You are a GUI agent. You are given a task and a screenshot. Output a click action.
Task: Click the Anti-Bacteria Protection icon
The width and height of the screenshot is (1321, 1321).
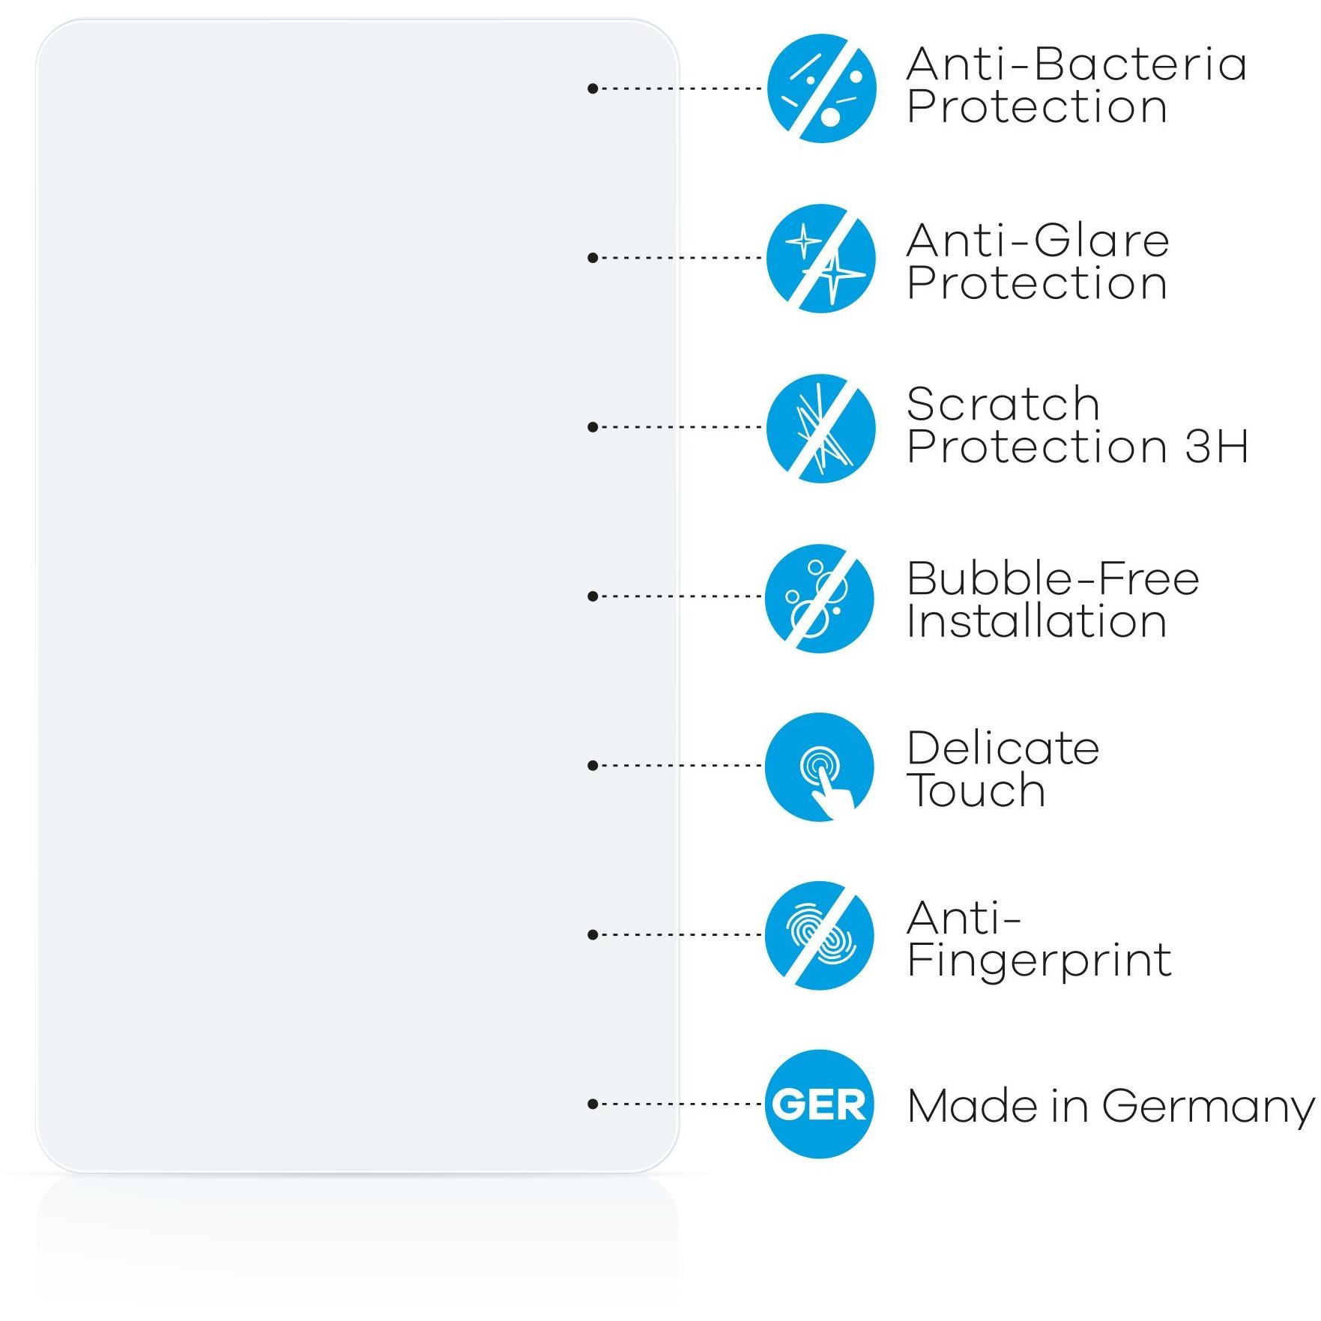821,88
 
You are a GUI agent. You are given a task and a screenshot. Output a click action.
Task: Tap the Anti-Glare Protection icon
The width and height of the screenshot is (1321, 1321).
821,258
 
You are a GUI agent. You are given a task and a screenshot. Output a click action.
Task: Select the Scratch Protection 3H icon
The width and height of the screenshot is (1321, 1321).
821,428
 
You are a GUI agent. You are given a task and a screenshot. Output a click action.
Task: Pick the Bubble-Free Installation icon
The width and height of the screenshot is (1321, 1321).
820,597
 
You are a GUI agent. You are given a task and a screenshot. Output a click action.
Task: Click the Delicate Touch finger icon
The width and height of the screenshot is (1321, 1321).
820,767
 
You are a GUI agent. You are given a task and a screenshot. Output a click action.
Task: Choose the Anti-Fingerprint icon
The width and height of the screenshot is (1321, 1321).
820,935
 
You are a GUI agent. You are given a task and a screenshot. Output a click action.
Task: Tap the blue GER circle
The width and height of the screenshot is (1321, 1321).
820,1104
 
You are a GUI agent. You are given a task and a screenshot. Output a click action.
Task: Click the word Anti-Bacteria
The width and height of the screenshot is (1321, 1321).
1076,64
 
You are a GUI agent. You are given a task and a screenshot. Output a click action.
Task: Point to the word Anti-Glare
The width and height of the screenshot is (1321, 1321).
1037,241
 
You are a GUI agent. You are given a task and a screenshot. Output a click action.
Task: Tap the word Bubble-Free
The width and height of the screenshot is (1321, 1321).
1052,579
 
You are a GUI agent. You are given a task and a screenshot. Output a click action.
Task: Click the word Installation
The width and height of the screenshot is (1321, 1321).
1036,621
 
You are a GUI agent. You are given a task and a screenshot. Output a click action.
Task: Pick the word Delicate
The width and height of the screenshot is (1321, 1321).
1003,749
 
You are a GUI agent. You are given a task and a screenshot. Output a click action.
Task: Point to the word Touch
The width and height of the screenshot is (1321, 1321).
976,791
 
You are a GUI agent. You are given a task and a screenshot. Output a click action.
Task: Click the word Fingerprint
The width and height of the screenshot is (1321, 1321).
1039,961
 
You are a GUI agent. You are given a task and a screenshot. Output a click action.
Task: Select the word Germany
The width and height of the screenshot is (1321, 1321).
1208,1107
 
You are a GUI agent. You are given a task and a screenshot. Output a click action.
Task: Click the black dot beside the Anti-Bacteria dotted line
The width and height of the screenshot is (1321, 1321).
593,88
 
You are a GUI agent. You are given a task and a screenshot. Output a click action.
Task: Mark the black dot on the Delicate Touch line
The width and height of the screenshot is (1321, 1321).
593,766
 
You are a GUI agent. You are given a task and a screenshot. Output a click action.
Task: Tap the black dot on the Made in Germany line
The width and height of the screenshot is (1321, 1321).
593,1104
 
